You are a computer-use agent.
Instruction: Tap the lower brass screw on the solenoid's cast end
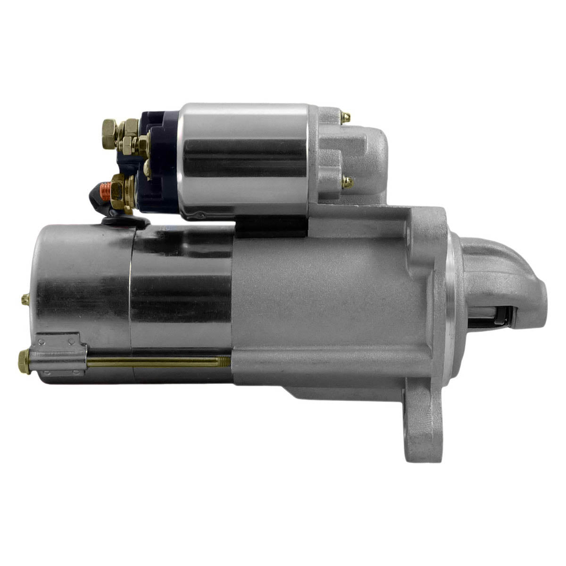(348, 181)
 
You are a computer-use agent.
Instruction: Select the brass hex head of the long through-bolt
(24, 361)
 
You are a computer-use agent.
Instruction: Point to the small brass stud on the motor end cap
(25, 299)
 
